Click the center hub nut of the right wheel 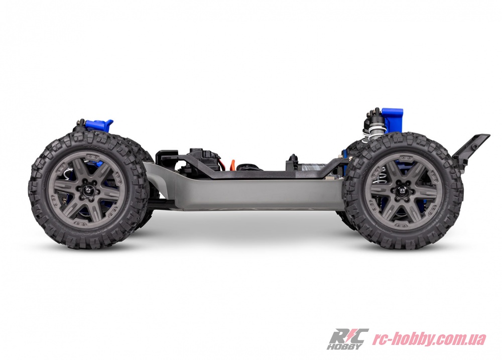coord(400,191)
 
